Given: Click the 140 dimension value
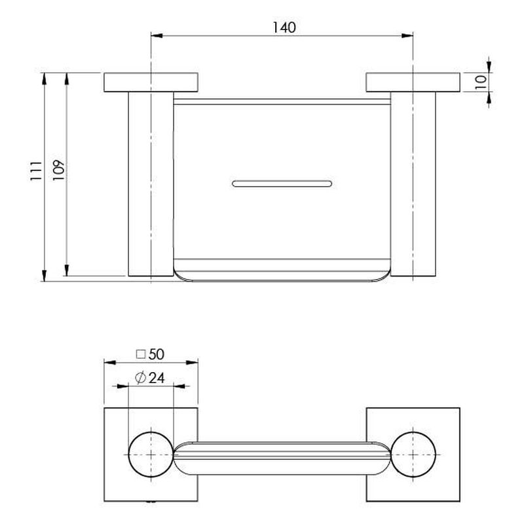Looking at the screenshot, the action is coord(284,28).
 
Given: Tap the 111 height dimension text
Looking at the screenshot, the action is coord(36,171).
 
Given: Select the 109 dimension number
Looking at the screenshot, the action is coord(58,170).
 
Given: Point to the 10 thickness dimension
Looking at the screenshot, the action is coord(481,83).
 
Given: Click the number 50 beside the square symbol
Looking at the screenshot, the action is coord(157,354).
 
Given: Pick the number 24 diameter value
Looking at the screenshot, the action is coord(157,378).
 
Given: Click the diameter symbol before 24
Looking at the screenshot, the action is coord(141,378).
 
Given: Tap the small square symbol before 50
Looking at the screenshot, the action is coord(141,354).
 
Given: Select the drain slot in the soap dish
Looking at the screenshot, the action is coord(282,183).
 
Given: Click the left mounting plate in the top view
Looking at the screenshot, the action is coord(151,83).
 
